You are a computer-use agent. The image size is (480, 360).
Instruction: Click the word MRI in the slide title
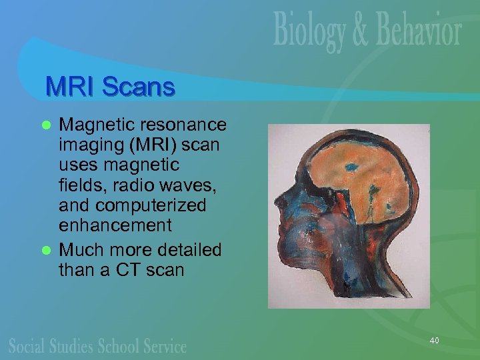(x=69, y=87)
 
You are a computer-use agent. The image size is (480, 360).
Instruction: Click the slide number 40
(x=435, y=341)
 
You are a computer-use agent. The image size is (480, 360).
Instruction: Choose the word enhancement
(x=115, y=226)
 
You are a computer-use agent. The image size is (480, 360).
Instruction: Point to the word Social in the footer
(x=29, y=345)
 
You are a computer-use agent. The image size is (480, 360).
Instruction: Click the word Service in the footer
(x=163, y=345)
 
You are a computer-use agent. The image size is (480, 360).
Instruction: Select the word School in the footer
(x=119, y=345)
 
